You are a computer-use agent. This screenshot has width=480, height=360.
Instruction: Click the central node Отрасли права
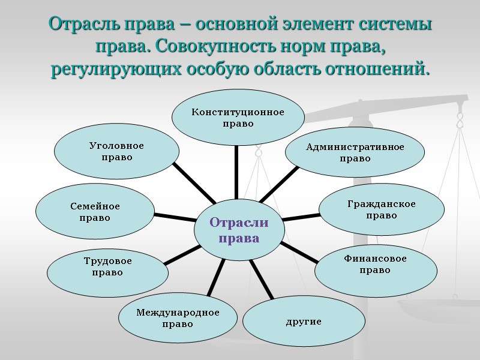pyautogui.click(x=239, y=230)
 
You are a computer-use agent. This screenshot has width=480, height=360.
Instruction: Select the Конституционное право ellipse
pyautogui.click(x=238, y=118)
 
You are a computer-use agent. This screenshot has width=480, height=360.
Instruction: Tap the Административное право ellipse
pyautogui.click(x=355, y=152)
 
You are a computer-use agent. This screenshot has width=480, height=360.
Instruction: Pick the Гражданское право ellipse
pyautogui.click(x=381, y=209)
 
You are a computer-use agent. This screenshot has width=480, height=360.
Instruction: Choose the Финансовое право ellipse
pyautogui.click(x=375, y=265)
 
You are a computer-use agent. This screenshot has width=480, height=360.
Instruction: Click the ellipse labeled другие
pyautogui.click(x=304, y=322)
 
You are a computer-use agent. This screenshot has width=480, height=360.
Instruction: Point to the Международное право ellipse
pyautogui.click(x=178, y=318)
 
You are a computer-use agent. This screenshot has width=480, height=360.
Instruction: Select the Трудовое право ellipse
pyautogui.click(x=107, y=266)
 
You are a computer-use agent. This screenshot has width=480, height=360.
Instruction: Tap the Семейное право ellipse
pyautogui.click(x=95, y=211)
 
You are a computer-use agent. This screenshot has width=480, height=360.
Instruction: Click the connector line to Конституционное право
pyautogui.click(x=236, y=171)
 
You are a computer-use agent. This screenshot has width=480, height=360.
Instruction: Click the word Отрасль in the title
pyautogui.click(x=77, y=25)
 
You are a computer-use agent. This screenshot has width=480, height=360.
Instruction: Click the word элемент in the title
pyautogui.click(x=316, y=25)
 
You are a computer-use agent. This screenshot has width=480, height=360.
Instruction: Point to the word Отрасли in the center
pyautogui.click(x=239, y=223)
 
